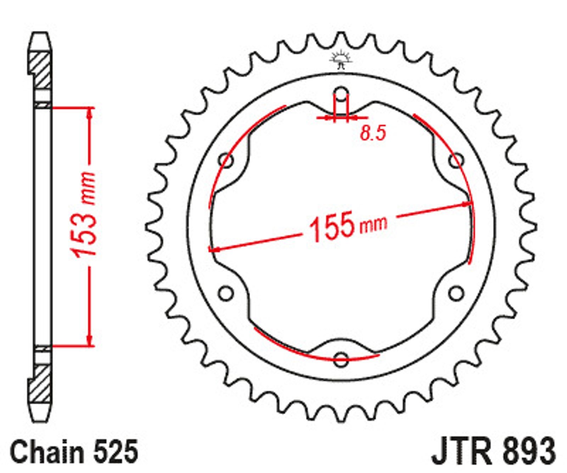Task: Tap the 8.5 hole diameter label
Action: coord(373,133)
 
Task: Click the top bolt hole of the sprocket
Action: coord(341,94)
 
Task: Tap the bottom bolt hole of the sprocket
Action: coord(341,358)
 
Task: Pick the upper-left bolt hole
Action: coord(226,160)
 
